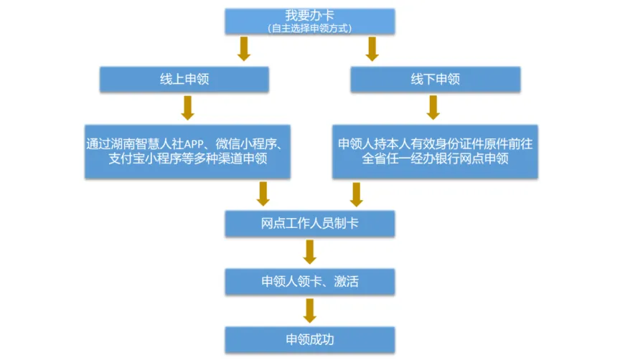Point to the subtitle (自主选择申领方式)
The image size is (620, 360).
coord(309,27)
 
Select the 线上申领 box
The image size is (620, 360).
coord(184,79)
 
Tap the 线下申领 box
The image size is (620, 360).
coord(435,79)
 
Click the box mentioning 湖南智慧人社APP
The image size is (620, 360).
coord(187,151)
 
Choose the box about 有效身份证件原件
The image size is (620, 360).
coord(436,151)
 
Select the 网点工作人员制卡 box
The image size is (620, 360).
coord(310,223)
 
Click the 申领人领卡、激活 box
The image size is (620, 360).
coord(310,281)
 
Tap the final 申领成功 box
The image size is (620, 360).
coord(310,339)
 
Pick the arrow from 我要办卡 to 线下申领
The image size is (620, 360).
coord(372,49)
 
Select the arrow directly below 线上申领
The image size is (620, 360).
coord(187,107)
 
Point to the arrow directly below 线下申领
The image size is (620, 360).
coord(433,107)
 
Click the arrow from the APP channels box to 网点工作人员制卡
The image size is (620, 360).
coord(263,194)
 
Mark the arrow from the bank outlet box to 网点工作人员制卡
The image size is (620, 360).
coord(357,194)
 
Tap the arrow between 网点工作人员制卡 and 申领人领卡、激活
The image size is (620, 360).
coord(310,252)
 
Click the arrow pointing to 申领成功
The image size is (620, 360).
coord(310,310)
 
